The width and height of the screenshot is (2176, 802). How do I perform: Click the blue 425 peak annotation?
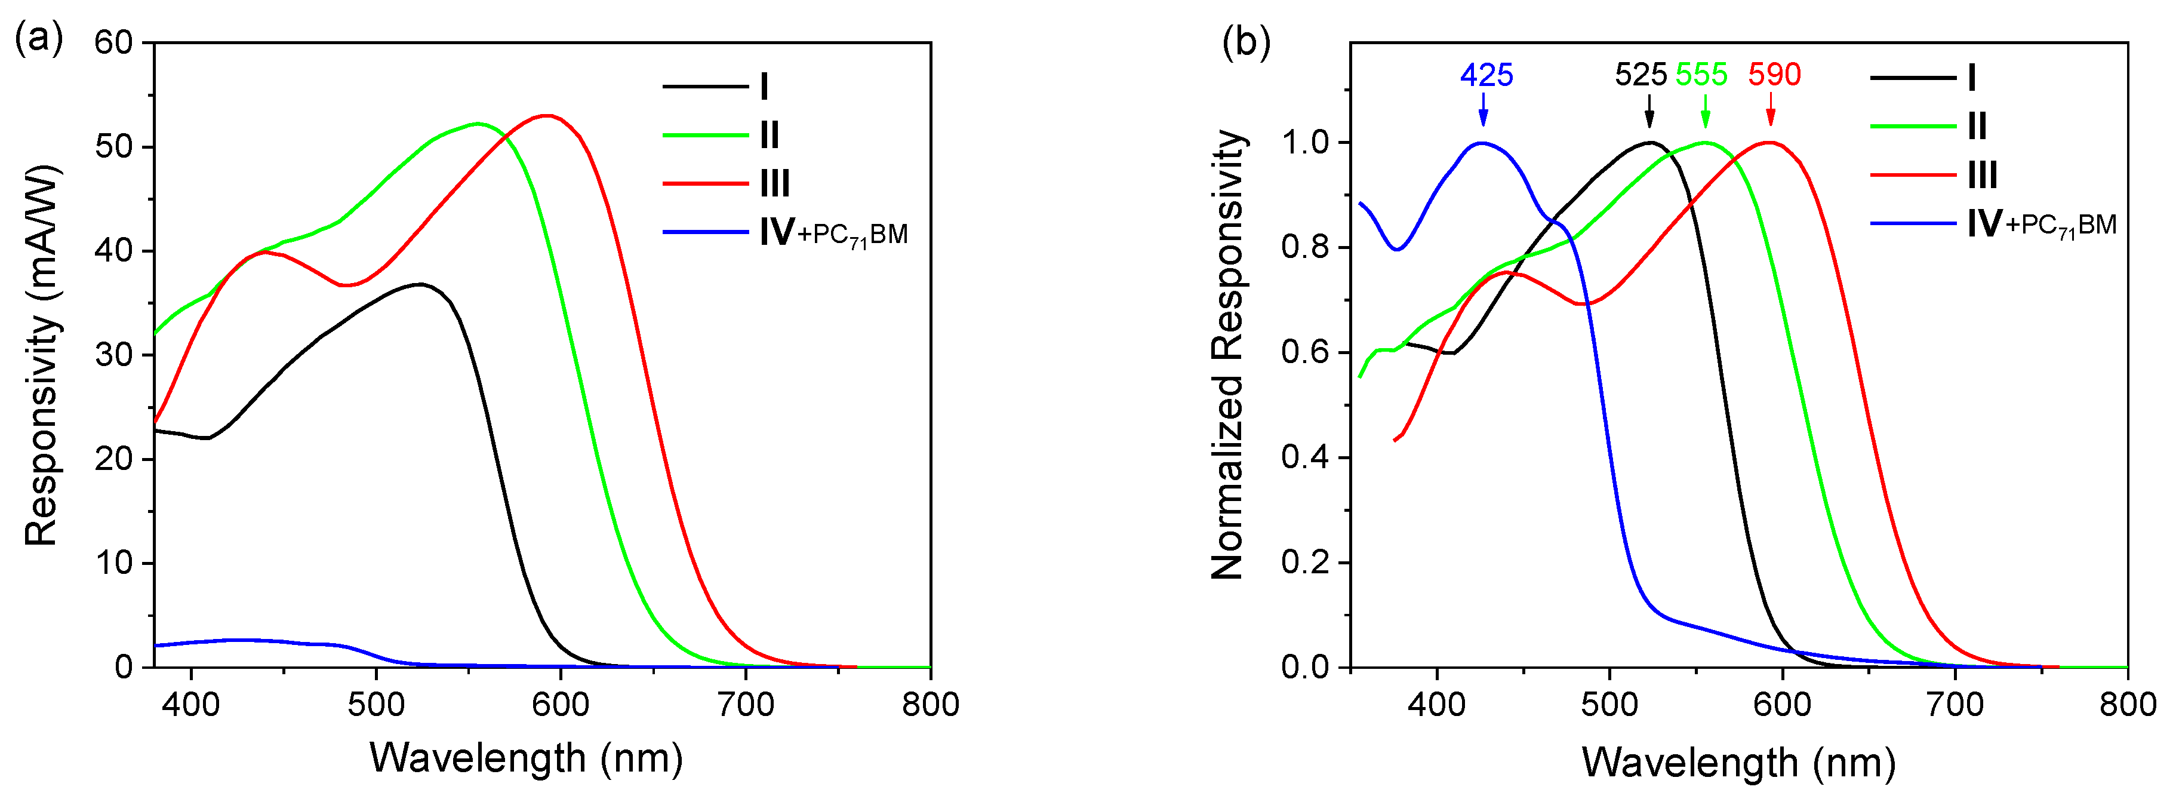[1486, 75]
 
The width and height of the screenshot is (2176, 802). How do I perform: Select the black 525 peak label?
[1641, 75]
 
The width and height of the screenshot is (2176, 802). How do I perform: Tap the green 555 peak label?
[1701, 75]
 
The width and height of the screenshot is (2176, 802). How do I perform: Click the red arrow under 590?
[1771, 112]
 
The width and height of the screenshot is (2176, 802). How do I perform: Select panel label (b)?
[1246, 42]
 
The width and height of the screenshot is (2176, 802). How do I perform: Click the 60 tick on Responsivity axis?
[113, 42]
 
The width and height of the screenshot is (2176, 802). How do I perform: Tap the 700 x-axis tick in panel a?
[746, 703]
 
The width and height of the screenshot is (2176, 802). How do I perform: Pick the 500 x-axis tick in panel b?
[1610, 703]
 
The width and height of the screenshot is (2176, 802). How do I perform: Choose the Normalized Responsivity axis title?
[1227, 355]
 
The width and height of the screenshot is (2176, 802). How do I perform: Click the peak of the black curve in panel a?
[420, 284]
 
